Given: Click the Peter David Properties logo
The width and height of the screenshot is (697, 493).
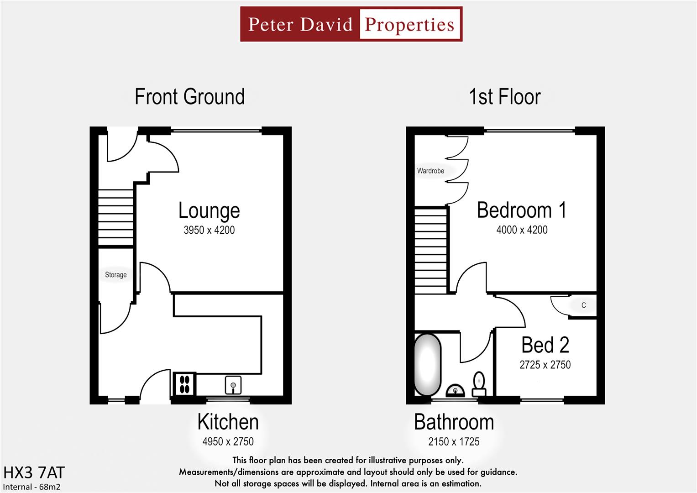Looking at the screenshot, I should [x=351, y=24].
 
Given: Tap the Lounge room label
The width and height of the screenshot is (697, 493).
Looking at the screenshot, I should [x=209, y=210].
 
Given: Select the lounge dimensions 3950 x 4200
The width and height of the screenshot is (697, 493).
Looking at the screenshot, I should [x=209, y=230].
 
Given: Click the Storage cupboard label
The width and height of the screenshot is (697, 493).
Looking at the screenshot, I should [x=115, y=275].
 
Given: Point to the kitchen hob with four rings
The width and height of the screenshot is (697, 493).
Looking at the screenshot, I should [x=184, y=384].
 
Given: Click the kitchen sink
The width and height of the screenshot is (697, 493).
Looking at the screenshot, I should [x=233, y=385].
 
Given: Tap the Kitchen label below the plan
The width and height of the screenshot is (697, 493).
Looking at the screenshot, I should [x=228, y=422].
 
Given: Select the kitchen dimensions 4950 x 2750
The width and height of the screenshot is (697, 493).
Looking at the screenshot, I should [x=228, y=441].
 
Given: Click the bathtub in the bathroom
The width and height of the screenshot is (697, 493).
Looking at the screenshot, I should [x=427, y=365].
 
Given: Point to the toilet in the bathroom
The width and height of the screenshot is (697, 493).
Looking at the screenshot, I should [x=479, y=384].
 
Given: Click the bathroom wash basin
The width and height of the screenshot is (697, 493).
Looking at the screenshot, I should [x=455, y=390].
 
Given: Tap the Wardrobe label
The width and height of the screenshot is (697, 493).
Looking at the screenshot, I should [x=430, y=171].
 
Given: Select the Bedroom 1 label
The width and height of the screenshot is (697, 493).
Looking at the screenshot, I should [x=522, y=210].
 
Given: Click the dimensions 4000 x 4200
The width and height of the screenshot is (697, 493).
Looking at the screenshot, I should [x=522, y=230].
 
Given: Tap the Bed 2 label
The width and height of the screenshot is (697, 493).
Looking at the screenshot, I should [x=545, y=345].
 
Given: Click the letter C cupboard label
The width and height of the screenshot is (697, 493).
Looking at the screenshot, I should [x=583, y=305].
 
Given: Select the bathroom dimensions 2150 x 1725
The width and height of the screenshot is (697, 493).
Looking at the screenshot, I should [x=454, y=441].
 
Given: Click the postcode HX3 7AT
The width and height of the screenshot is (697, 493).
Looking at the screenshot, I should [x=34, y=472].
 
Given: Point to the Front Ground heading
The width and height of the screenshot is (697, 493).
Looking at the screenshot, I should [x=189, y=97].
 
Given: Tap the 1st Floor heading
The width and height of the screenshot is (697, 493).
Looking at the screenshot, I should [x=505, y=97].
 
